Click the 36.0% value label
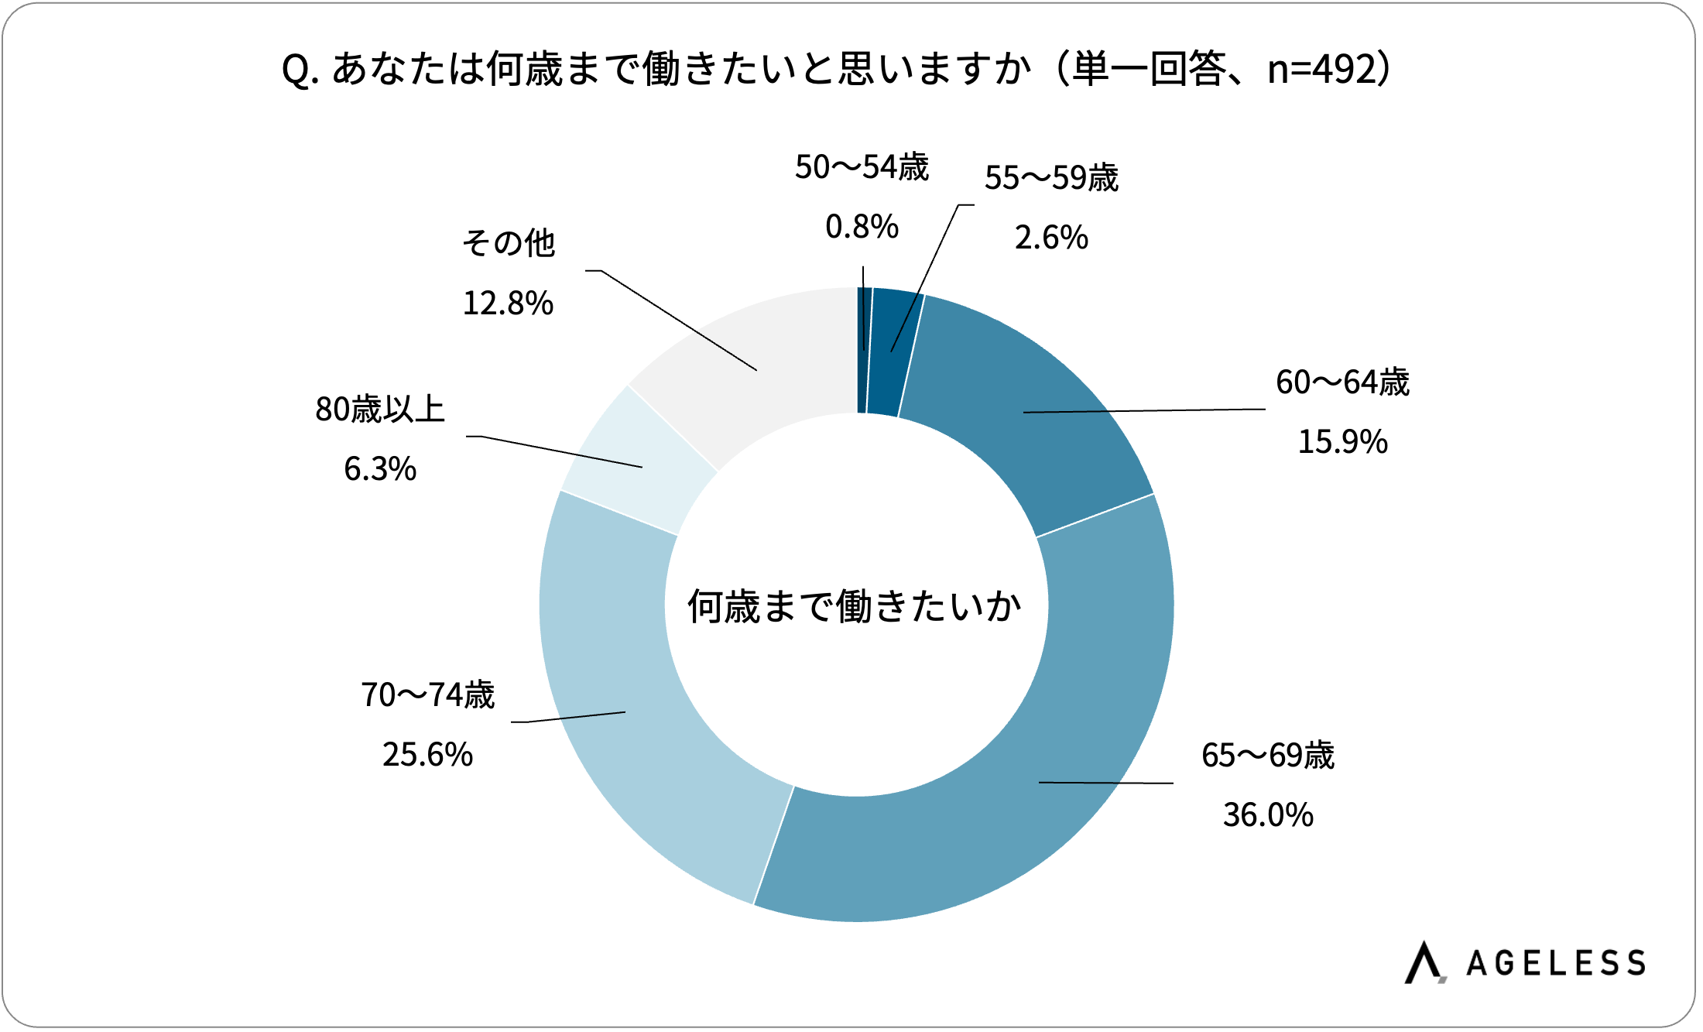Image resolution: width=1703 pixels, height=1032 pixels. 1268,815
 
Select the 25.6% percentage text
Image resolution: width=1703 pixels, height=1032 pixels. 427,755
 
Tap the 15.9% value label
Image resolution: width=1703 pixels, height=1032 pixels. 1342,442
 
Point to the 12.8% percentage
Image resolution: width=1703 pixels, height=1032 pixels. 508,303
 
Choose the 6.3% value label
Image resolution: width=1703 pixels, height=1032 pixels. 379,469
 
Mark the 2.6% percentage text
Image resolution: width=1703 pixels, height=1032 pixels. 1051,238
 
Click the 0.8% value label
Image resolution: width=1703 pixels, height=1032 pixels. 862,227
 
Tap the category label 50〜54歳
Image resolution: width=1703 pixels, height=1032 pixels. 862,167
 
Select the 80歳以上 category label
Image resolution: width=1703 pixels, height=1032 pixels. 380,410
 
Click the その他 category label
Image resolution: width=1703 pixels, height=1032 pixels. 509,243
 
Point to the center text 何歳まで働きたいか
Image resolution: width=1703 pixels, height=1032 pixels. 855,606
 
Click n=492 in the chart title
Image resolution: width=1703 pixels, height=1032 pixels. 1324,70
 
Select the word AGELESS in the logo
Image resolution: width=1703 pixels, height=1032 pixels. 1556,963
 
